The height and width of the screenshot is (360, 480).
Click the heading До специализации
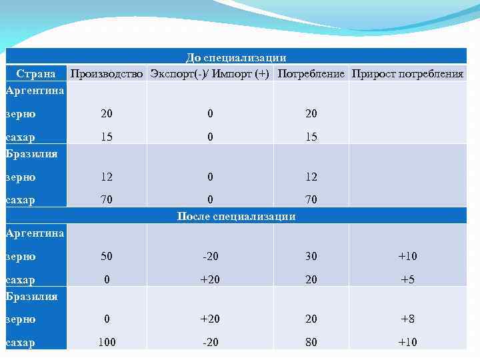pos(236,58)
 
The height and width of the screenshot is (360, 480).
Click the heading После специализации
pos(236,216)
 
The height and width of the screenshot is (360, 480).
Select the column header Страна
pos(35,73)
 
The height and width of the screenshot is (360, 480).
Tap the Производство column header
pos(107,73)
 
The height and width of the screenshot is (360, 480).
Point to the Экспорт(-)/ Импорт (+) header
pos(210,73)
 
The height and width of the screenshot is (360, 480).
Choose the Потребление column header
pos(311,73)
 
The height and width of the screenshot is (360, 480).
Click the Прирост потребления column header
pos(407,73)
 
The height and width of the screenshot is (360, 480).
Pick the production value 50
pos(107,257)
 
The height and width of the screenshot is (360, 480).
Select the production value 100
pos(107,343)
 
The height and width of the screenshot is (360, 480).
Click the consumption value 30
pos(311,257)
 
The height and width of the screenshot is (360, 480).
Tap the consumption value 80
pos(311,343)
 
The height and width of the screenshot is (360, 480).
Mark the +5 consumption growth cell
pos(407,280)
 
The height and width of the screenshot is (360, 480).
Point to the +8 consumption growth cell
pos(407,319)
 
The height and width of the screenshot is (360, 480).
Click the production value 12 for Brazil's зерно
pos(107,177)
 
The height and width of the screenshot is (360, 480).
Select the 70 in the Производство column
pos(107,199)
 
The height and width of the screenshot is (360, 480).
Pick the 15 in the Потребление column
pos(311,137)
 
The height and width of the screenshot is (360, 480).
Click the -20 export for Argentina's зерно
pos(210,257)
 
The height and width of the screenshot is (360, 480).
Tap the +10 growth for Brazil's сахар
pos(407,343)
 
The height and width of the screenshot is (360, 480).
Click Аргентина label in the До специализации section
pos(35,89)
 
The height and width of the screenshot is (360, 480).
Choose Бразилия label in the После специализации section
pos(31,296)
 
